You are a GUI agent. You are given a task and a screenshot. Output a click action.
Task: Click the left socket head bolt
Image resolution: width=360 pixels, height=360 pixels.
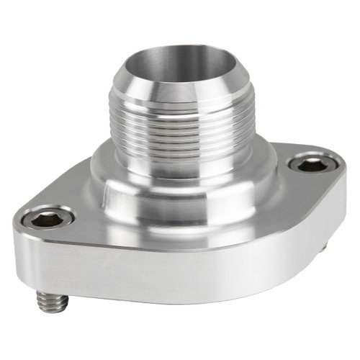[45, 220]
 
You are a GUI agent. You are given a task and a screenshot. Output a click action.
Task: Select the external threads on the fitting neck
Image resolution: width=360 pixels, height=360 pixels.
[180, 130]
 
